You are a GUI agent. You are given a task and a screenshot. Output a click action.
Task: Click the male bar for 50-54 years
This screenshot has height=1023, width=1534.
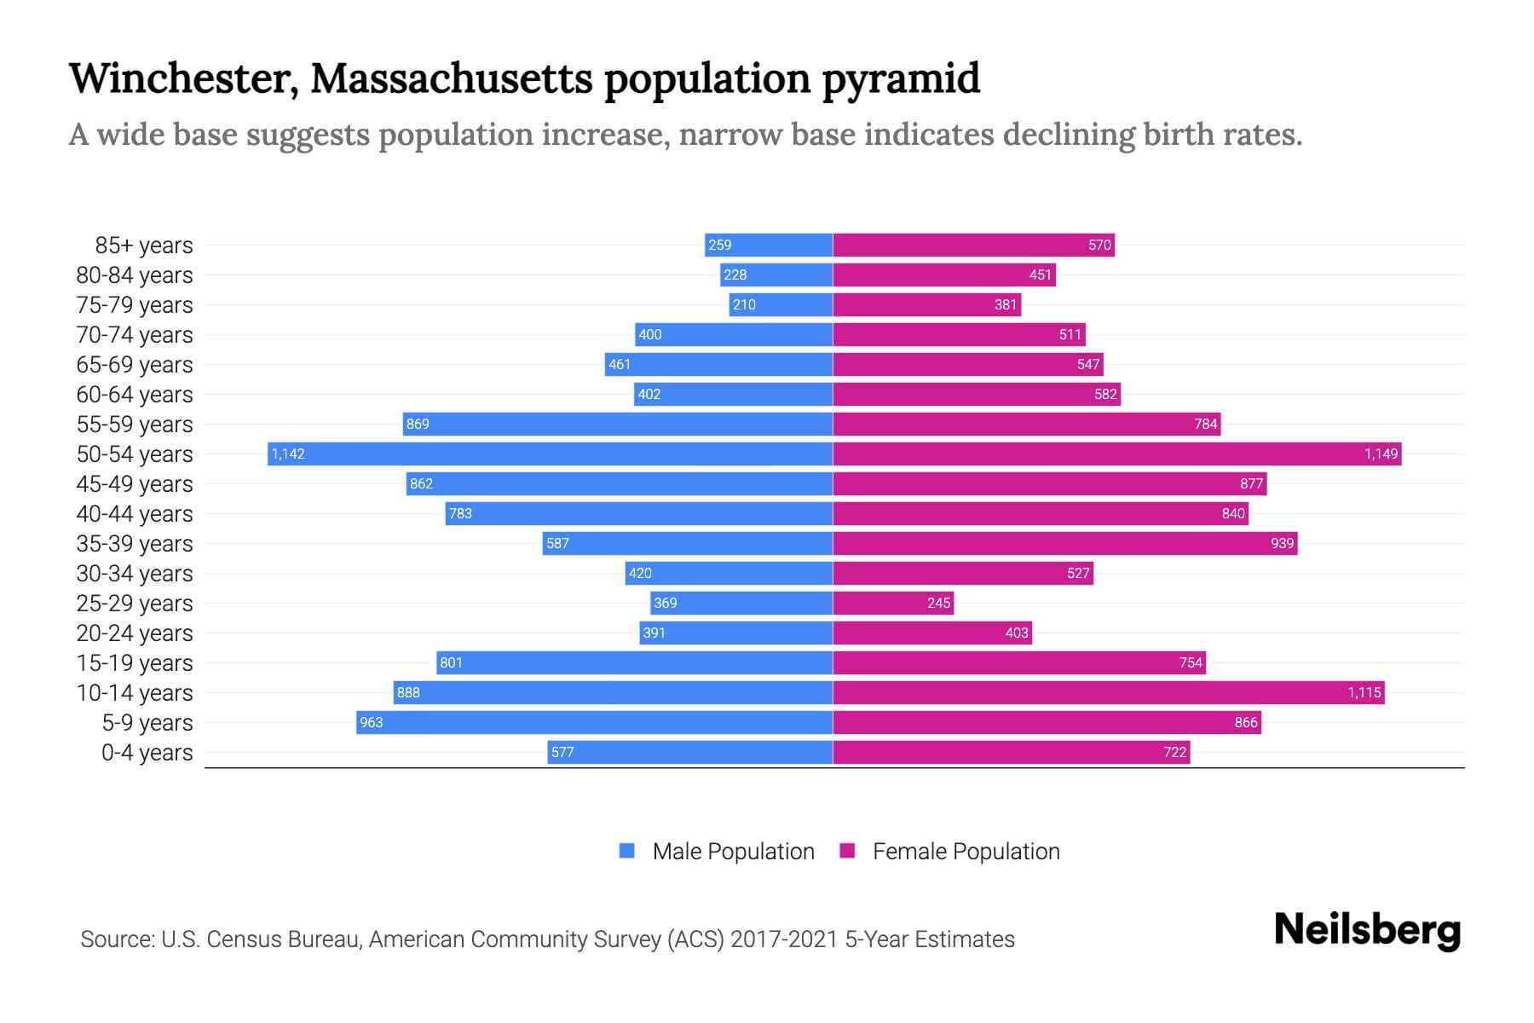pos(550,454)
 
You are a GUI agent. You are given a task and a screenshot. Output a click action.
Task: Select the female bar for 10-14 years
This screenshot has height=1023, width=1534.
pos(1108,692)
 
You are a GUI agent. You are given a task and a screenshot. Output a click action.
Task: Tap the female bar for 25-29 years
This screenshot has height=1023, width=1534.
pos(892,603)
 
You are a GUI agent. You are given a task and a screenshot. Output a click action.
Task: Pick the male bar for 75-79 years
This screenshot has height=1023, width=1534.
pos(781,304)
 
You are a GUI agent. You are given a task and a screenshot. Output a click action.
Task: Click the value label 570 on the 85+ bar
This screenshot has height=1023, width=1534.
pos(1099,245)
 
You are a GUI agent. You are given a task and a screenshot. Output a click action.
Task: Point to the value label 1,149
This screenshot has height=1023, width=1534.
pos(1381,454)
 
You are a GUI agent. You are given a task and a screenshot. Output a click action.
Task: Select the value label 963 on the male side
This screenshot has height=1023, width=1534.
pos(372,722)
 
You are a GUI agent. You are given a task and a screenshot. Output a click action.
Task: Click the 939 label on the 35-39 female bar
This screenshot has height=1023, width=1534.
pos(1282,543)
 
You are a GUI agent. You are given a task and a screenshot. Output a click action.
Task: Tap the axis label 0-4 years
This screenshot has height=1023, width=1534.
pos(147,753)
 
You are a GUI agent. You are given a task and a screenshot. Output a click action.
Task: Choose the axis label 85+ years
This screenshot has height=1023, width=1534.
pos(143,246)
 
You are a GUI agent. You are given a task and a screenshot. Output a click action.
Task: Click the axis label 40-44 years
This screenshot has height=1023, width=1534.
pos(135,514)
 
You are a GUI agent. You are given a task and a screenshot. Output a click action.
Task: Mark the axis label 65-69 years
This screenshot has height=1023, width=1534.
pos(135,365)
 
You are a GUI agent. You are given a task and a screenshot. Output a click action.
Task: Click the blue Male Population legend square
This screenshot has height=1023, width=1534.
pos(627,851)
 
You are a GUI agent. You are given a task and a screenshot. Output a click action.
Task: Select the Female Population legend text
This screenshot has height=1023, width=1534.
pos(966,852)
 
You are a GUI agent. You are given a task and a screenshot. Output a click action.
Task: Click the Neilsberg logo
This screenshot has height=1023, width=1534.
pos(1367,930)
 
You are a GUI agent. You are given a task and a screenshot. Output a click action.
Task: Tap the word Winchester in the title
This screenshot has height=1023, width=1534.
pos(182,78)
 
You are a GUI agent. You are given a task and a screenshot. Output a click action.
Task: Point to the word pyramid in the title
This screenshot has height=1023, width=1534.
pos(901,78)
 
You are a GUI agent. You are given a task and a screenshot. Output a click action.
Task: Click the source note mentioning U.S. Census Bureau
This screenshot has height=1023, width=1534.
pos(547,939)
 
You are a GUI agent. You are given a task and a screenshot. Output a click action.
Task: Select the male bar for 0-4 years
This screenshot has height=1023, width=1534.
pos(689,752)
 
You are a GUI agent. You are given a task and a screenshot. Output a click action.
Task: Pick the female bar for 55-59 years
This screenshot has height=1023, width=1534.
pos(1026,424)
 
